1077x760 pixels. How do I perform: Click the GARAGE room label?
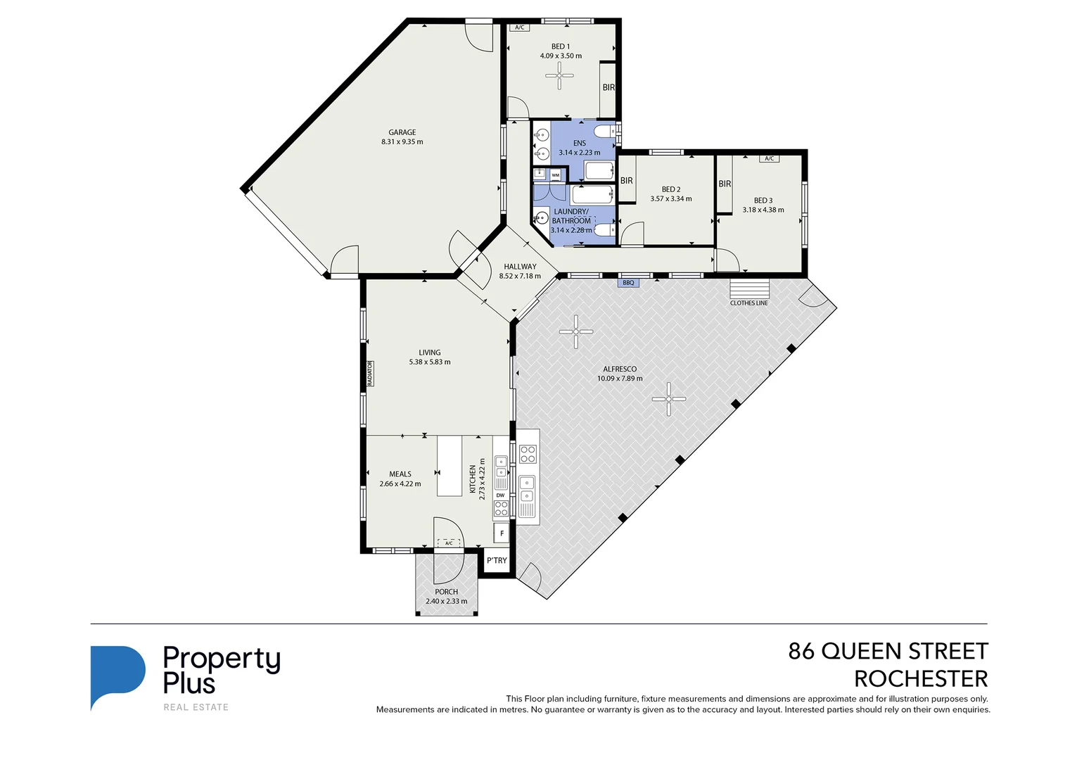pyautogui.click(x=402, y=132)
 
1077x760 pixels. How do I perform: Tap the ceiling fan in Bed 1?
pyautogui.click(x=559, y=75)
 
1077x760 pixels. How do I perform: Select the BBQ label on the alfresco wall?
pyautogui.click(x=628, y=283)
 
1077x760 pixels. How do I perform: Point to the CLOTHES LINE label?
pyautogui.click(x=748, y=303)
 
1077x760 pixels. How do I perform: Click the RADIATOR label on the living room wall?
pyautogui.click(x=369, y=374)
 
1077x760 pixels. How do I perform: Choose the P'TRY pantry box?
pyautogui.click(x=497, y=561)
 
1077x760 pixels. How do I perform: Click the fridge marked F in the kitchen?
pyautogui.click(x=502, y=533)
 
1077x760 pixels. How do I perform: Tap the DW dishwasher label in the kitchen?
pyautogui.click(x=501, y=495)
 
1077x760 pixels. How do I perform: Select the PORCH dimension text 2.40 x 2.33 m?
pyautogui.click(x=446, y=602)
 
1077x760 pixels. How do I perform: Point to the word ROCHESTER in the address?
pyautogui.click(x=920, y=679)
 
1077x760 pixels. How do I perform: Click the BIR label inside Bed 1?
pyautogui.click(x=608, y=88)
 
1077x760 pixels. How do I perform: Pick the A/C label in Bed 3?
pyautogui.click(x=769, y=159)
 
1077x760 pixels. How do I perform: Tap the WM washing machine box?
pyautogui.click(x=556, y=175)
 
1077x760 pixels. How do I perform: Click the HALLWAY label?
pyautogui.click(x=520, y=267)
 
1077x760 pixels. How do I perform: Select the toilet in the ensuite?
pyautogui.click(x=604, y=132)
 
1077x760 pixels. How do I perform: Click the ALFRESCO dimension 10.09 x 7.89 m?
pyautogui.click(x=620, y=379)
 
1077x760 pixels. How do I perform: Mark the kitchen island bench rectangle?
pyautogui.click(x=450, y=466)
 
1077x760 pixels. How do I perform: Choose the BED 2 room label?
pyautogui.click(x=670, y=189)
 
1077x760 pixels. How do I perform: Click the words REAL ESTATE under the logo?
pyautogui.click(x=196, y=707)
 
